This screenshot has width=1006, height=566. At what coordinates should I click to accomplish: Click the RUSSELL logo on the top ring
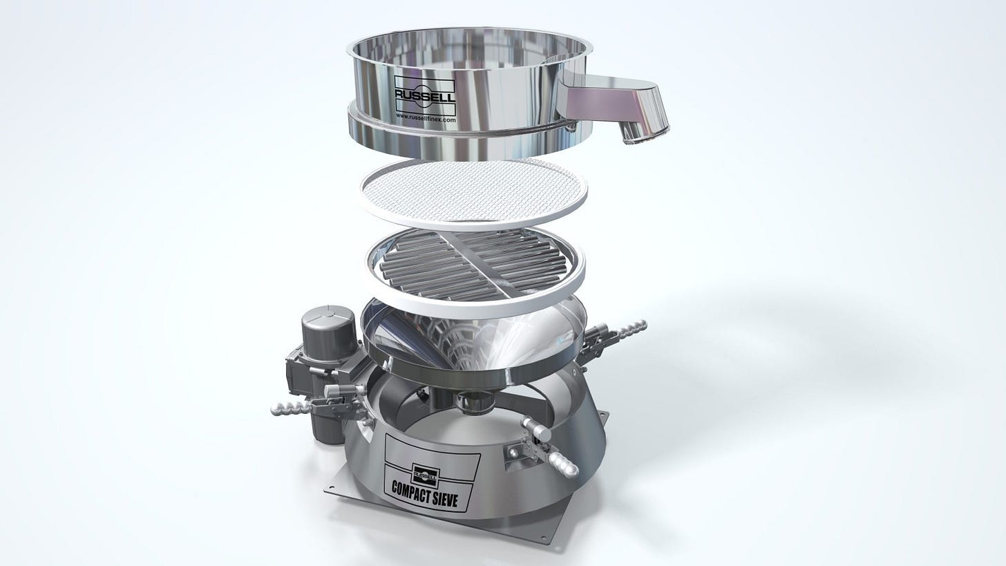point(425,95)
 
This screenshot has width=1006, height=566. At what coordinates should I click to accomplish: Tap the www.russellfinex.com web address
point(426,118)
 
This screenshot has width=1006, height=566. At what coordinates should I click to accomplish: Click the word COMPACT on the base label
point(410,490)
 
